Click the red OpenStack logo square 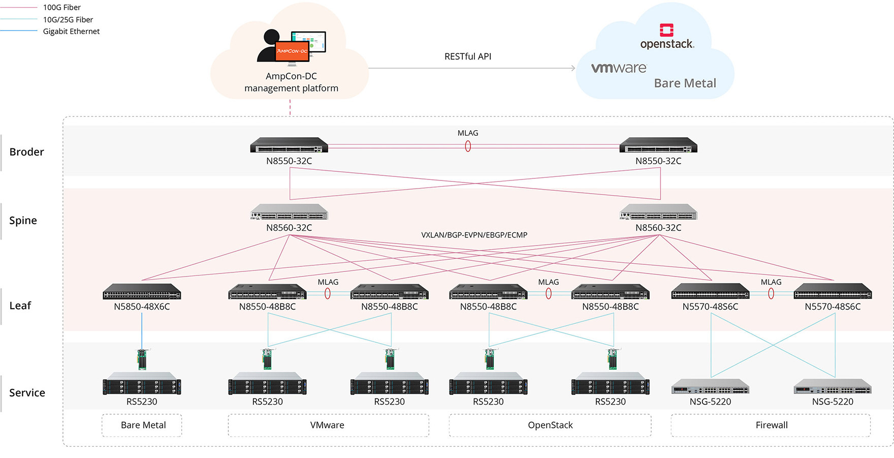click(666, 30)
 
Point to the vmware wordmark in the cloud click(619, 68)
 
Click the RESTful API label click(468, 56)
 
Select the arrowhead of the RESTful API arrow click(573, 68)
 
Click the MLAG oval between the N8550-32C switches click(468, 146)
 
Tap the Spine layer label click(23, 221)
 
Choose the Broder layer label click(26, 152)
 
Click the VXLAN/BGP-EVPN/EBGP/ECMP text click(474, 235)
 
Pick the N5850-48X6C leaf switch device click(142, 291)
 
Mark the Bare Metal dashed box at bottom click(142, 425)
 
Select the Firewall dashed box click(771, 425)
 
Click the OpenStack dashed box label click(550, 425)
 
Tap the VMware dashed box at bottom click(328, 425)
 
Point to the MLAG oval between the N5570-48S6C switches click(771, 293)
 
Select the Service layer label click(27, 393)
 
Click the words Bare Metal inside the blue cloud click(685, 83)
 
